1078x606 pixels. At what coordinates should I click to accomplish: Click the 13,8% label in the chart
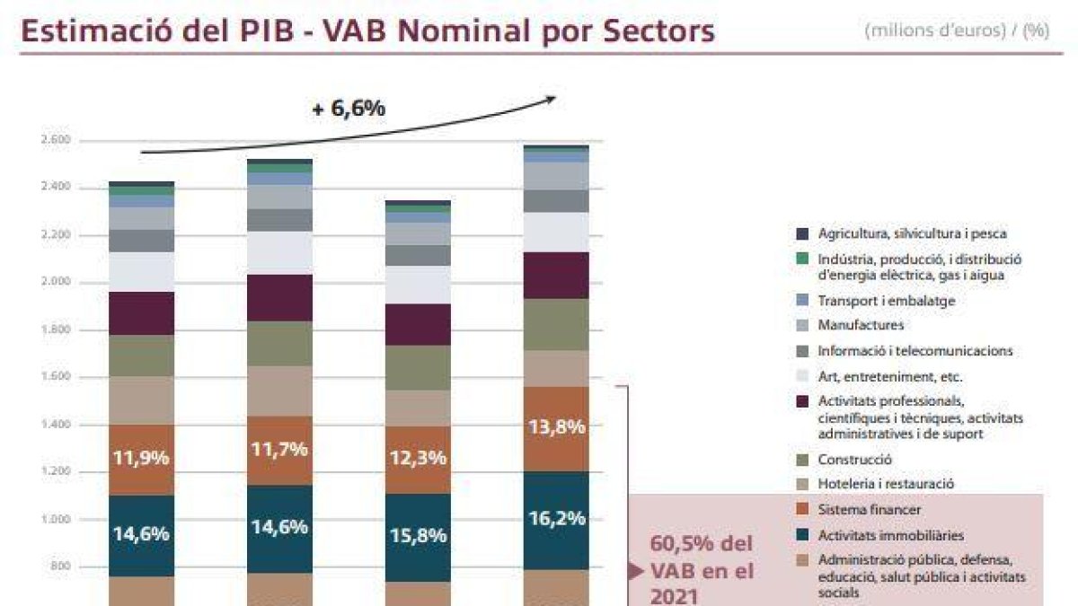[x=557, y=427]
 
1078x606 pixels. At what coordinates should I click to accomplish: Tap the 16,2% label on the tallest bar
[x=557, y=518]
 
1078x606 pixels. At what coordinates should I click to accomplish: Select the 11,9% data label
[x=141, y=457]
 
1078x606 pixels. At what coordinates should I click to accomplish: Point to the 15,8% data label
[x=418, y=535]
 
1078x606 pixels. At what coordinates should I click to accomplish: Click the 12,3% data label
[x=418, y=458]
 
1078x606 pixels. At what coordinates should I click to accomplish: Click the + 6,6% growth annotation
[x=349, y=109]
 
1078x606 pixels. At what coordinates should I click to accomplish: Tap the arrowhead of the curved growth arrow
[x=551, y=98]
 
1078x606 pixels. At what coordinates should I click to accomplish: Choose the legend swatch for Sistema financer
[x=802, y=510]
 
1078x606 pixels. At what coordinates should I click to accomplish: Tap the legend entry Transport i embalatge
[x=886, y=301]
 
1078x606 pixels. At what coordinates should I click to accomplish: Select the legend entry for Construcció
[x=854, y=460]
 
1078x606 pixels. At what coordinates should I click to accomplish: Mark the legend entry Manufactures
[x=861, y=325]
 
